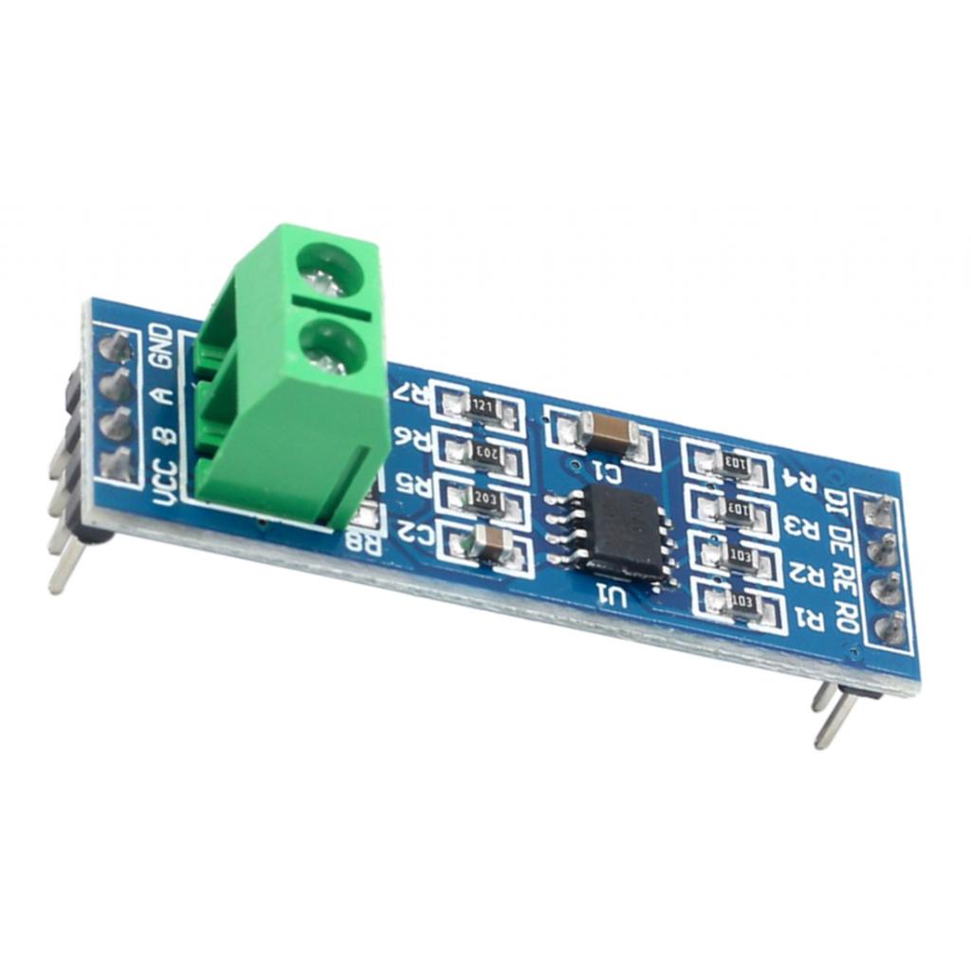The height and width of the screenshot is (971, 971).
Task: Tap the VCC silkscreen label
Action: click(x=165, y=482)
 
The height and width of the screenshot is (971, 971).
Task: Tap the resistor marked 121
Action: click(x=481, y=406)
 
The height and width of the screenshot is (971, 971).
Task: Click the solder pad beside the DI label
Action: click(x=878, y=515)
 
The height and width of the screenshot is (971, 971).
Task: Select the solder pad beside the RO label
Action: click(x=891, y=628)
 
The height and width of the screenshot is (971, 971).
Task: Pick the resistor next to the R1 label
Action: click(x=742, y=601)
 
